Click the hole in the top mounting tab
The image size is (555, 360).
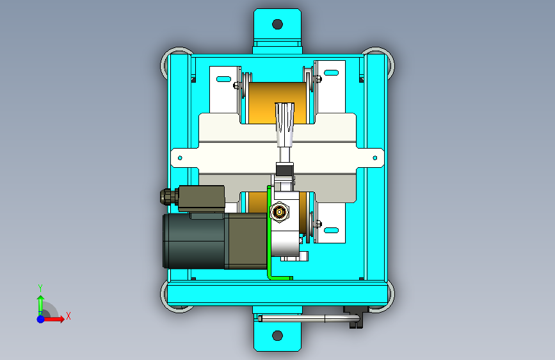click(278, 24)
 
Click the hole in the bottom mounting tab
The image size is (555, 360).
click(278, 335)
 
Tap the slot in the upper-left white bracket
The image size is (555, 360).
click(223, 79)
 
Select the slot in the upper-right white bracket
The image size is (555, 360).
click(332, 73)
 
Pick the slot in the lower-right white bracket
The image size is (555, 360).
click(332, 231)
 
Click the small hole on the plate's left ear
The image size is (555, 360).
click(180, 158)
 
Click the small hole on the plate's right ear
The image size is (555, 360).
click(375, 158)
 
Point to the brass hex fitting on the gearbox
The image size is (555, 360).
click(280, 212)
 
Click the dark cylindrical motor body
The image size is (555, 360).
click(194, 241)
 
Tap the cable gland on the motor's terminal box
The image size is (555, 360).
click(169, 197)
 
